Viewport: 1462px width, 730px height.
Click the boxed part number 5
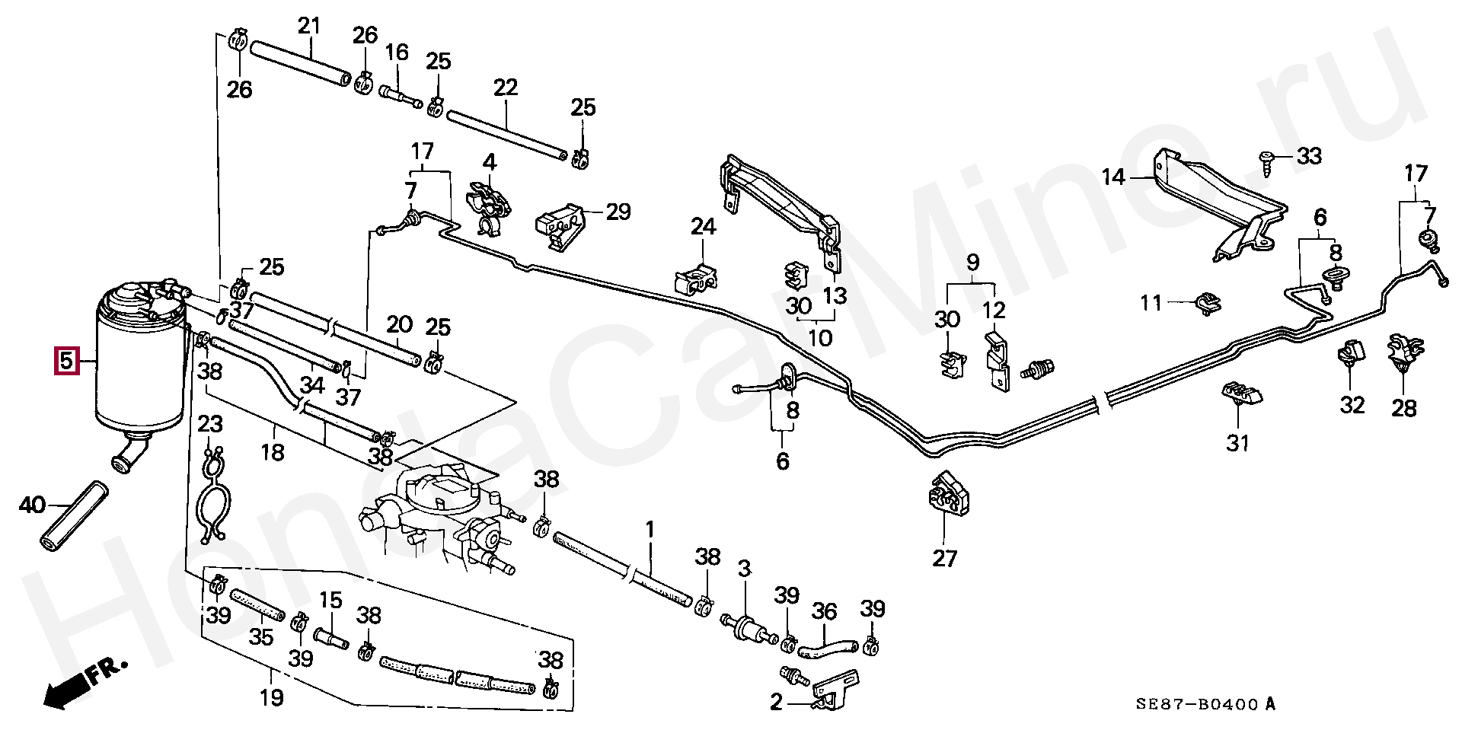click(x=66, y=360)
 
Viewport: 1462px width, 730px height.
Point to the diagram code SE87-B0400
click(x=1197, y=704)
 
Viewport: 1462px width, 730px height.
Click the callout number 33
click(x=1309, y=156)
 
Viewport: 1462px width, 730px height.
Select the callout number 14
click(x=1113, y=177)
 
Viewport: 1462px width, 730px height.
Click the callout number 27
click(x=944, y=558)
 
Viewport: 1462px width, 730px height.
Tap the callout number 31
click(x=1237, y=442)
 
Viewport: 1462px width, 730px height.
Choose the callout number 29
click(x=618, y=212)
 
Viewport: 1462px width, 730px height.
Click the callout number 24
click(x=703, y=226)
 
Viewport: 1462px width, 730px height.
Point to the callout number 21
click(x=309, y=26)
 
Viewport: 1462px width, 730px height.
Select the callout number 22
click(x=506, y=88)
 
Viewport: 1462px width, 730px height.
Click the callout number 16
click(x=397, y=52)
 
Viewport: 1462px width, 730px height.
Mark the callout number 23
click(x=210, y=423)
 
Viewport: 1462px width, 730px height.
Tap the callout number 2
click(x=776, y=701)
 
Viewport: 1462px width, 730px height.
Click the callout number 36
click(x=824, y=611)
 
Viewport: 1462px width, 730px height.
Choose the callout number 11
click(x=1151, y=303)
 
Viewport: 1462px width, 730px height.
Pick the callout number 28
click(x=1404, y=408)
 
